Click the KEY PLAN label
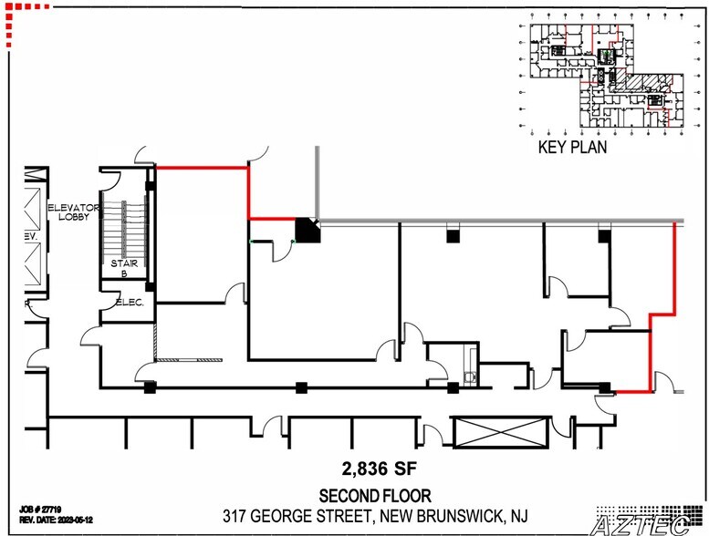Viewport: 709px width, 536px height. tap(572, 147)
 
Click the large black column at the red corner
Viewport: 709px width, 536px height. tap(310, 230)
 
